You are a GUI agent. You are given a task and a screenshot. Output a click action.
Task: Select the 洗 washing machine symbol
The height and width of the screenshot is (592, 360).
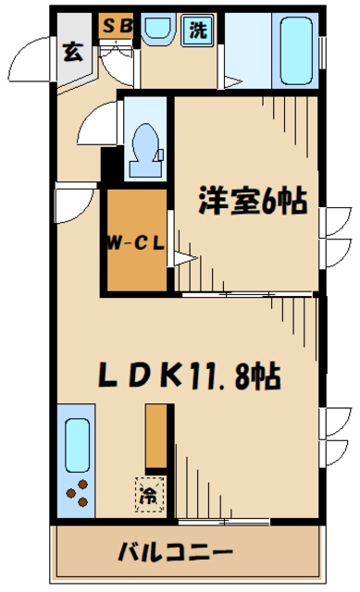click(199, 29)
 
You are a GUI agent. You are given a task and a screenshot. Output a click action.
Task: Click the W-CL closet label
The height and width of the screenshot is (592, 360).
click(134, 244)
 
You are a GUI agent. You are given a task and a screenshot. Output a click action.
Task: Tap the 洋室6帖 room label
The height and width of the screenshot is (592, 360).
click(249, 201)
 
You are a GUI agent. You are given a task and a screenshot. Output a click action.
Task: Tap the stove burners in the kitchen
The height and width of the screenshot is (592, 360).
click(79, 495)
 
